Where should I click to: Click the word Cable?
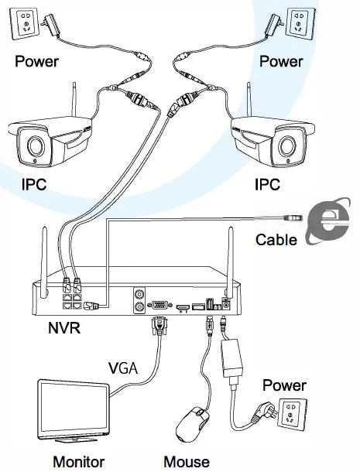tap(276, 240)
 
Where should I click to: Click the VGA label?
tap(122, 367)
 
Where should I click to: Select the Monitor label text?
tap(78, 462)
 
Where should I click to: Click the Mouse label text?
tap(186, 462)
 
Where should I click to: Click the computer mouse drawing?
tap(192, 424)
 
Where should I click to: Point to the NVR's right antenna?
tap(231, 251)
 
